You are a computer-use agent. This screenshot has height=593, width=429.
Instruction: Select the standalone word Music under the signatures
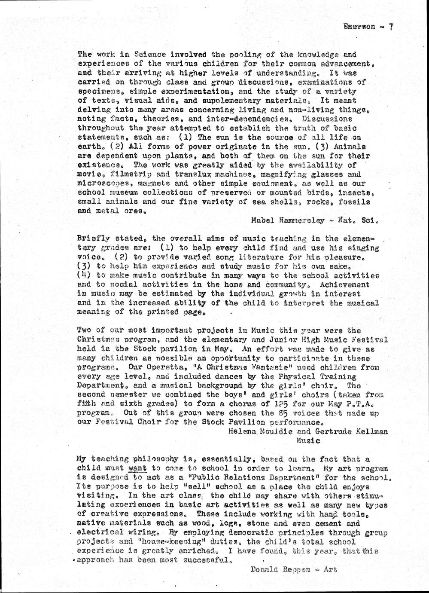click(x=308, y=440)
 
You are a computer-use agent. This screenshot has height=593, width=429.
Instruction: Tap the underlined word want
click(x=137, y=468)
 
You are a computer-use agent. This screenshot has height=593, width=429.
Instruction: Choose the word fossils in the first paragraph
click(x=356, y=202)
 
